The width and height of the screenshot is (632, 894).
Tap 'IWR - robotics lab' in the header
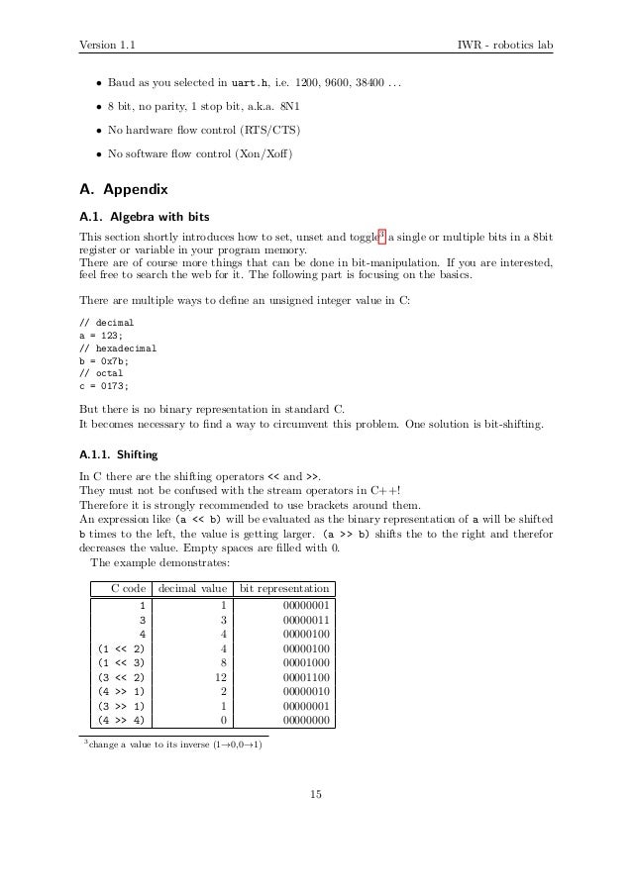click(504, 45)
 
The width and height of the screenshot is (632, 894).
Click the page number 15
click(316, 792)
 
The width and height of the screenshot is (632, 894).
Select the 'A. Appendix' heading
click(124, 188)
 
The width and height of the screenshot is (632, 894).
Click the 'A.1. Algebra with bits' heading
click(144, 215)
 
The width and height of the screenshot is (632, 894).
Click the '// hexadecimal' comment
click(118, 348)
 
